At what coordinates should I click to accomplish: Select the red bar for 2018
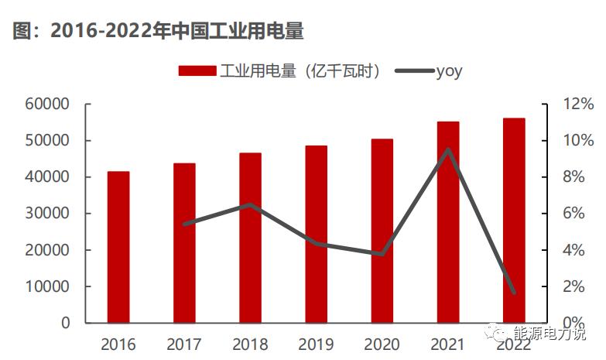coord(250,238)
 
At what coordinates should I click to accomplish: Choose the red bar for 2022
coord(514,220)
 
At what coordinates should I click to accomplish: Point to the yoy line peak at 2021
coord(448,149)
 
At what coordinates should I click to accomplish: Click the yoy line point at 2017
coord(184,224)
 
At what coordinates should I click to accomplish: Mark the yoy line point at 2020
coord(382,254)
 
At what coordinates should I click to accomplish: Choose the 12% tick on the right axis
coord(577,104)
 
